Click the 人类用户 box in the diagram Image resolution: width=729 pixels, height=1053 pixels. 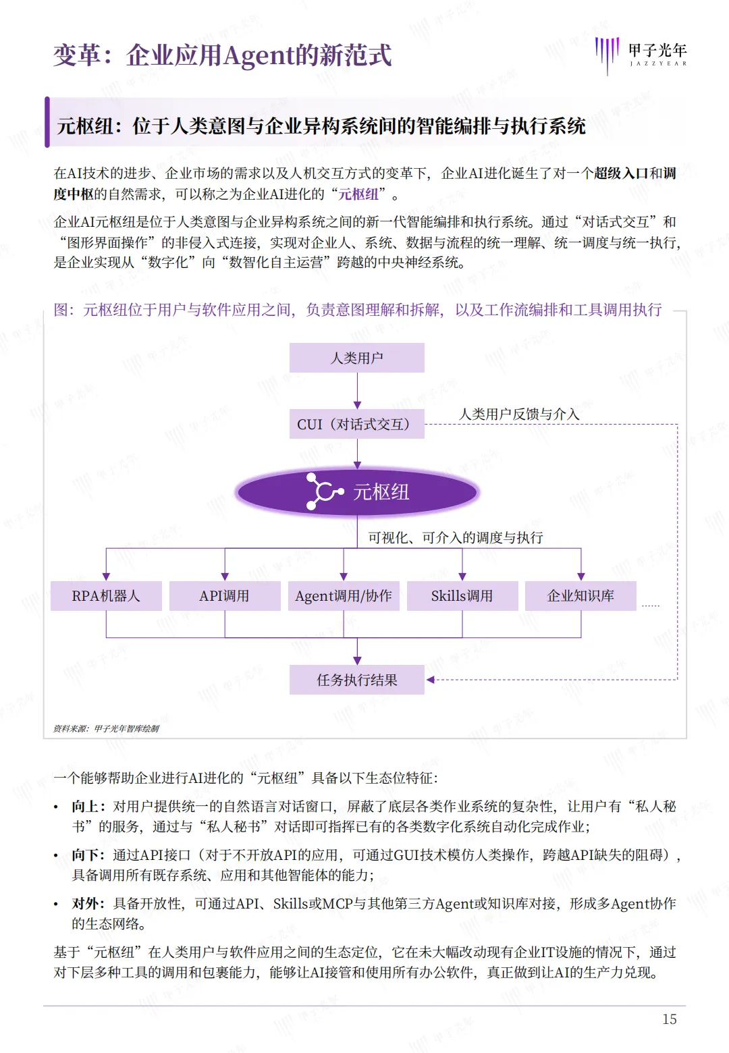356,358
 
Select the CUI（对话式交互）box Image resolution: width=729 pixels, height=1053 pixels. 356,424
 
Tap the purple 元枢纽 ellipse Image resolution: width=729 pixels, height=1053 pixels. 357,491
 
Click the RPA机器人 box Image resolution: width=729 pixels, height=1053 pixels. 106,596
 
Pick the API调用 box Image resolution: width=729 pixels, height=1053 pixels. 225,596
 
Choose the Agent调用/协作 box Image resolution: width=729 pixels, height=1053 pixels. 344,596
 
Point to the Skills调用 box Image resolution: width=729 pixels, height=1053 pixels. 462,596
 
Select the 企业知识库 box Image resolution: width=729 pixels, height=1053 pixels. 580,596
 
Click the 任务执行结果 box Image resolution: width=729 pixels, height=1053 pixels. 356,680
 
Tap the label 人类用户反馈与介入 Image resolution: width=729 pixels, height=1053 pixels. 519,414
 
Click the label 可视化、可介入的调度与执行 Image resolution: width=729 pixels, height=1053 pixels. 456,537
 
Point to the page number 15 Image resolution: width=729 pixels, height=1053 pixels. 669,1019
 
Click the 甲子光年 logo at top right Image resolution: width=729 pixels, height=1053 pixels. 641,54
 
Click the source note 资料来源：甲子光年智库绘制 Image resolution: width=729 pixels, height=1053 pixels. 107,728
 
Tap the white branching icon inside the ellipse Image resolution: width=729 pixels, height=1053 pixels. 324,491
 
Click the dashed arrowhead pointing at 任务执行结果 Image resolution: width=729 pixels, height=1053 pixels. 431,680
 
